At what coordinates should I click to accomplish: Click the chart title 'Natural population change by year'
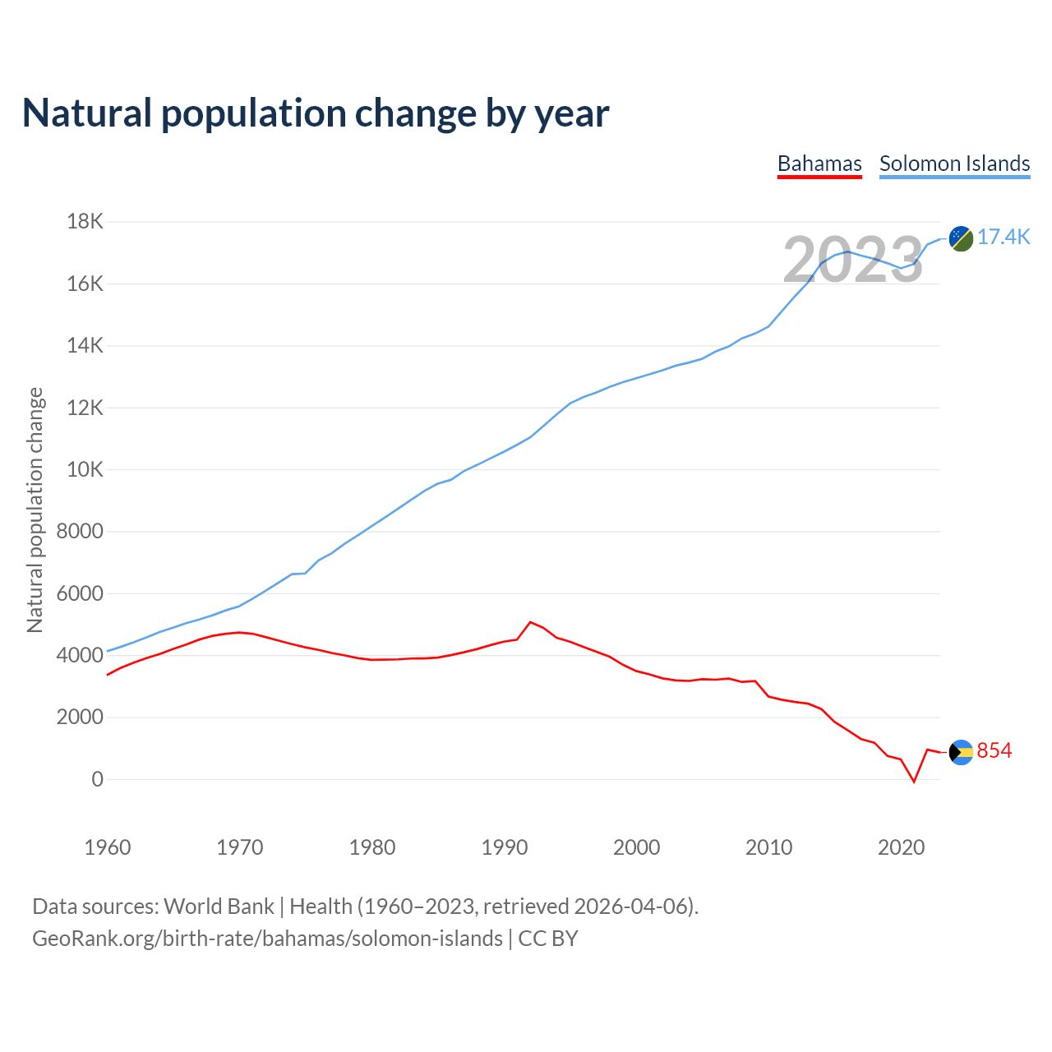point(316,113)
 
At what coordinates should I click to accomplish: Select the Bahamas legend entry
point(819,164)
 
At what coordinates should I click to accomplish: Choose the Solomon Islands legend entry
point(954,164)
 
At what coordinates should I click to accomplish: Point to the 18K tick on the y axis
point(85,221)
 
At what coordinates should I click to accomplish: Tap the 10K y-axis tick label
point(85,469)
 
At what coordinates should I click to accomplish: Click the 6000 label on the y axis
point(81,593)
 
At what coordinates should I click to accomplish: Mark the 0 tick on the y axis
point(98,779)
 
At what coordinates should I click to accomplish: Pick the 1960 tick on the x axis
point(108,847)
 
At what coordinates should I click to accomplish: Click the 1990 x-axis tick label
point(505,847)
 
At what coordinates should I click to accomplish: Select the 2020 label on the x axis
point(902,847)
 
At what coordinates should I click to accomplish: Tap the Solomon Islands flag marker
point(961,238)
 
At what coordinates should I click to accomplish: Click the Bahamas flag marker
point(961,752)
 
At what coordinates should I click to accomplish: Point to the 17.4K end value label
point(1004,238)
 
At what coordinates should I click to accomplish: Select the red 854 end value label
point(994,751)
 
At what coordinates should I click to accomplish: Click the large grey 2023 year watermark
point(853,260)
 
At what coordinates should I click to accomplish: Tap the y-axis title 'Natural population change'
point(35,510)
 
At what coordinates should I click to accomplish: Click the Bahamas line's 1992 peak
point(530,622)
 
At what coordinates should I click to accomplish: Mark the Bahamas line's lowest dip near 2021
point(914,782)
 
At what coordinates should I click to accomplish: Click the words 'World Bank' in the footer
point(219,907)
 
